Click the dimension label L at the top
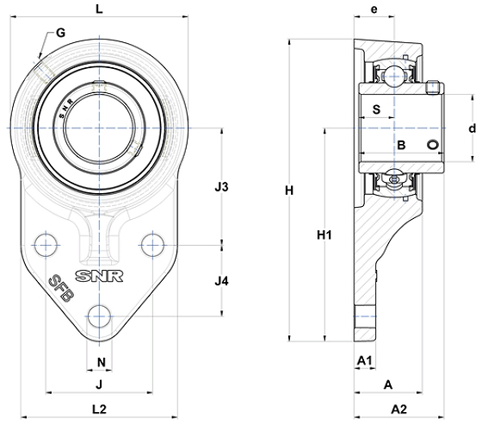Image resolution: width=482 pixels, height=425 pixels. [99, 9]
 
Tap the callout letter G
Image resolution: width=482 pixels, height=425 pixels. [61, 33]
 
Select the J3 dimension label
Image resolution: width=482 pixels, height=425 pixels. [221, 187]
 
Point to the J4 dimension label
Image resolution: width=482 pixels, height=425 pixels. [221, 281]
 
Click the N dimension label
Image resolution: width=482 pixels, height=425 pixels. [102, 362]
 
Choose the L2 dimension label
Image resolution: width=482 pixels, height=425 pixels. [99, 409]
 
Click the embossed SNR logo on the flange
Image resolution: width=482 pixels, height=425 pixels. [99, 276]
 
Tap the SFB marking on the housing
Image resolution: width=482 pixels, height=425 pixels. [61, 288]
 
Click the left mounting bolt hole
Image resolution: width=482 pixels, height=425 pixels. [46, 245]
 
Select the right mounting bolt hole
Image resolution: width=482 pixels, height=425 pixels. [152, 245]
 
